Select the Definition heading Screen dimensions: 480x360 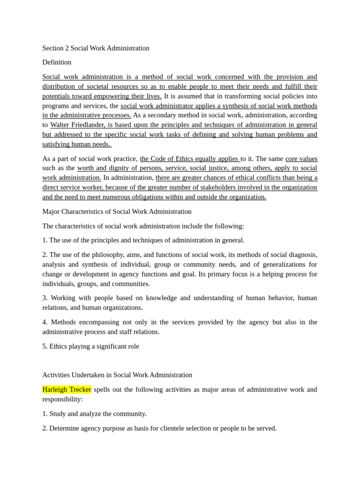coord(57,62)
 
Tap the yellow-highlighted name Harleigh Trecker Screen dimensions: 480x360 coord(67,390)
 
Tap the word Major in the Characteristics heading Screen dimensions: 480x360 coord(52,211)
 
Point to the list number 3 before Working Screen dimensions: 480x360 coord(45,298)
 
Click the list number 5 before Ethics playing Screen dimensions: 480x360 coord(45,346)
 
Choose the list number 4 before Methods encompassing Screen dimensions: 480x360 coord(45,322)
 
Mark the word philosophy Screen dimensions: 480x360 coord(117,255)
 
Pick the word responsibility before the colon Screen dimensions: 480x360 coord(61,399)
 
